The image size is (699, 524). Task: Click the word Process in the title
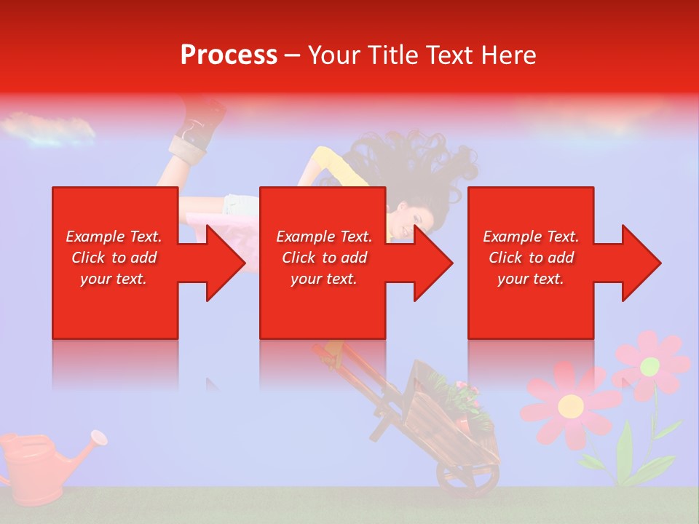(x=229, y=55)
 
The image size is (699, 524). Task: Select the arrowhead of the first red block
(x=223, y=263)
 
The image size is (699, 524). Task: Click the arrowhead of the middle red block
(x=430, y=263)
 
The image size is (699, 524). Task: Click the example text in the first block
(x=114, y=258)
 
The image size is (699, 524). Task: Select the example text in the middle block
(x=323, y=258)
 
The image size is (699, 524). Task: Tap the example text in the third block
(x=531, y=258)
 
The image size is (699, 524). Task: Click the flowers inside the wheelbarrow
(x=455, y=397)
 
